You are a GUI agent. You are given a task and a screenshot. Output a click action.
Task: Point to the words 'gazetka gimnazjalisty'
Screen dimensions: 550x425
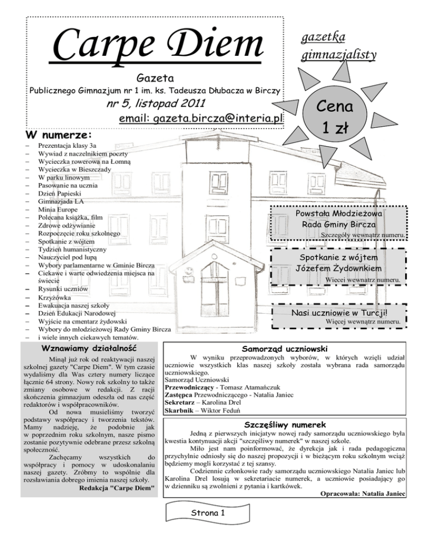338,45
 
